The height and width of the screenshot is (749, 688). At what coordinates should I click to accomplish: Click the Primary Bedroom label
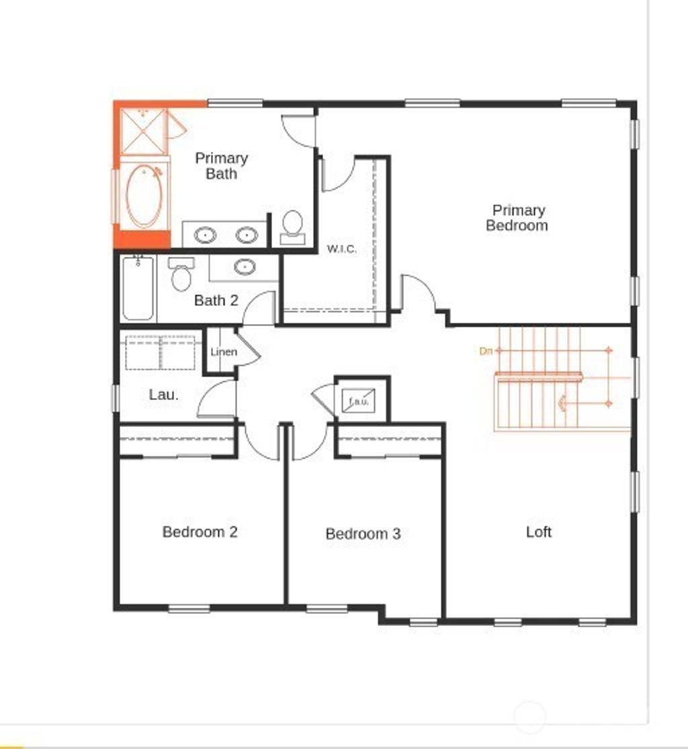point(517,218)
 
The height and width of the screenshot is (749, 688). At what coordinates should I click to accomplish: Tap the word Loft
point(539,532)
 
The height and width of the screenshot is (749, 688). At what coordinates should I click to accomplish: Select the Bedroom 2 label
point(200,532)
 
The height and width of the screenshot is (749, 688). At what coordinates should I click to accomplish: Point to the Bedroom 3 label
point(363,534)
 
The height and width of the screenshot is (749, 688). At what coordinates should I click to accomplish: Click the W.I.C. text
point(341,249)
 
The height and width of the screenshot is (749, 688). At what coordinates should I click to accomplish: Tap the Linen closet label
point(224,352)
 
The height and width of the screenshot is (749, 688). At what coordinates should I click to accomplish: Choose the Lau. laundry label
point(163,395)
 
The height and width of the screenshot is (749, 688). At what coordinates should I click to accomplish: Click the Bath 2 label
point(216,301)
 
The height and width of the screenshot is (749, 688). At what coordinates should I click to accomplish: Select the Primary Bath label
point(221,165)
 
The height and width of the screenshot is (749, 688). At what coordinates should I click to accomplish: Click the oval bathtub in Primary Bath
point(144,195)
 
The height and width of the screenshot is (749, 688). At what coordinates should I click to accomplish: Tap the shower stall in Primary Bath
point(142,132)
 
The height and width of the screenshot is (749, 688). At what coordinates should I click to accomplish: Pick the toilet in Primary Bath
point(292,226)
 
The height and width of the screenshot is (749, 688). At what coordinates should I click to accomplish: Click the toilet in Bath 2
point(181,274)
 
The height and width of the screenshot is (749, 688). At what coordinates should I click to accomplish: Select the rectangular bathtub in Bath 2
point(138,288)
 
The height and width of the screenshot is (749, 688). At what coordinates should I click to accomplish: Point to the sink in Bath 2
point(245,267)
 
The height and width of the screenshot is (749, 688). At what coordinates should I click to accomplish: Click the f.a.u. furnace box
point(357,401)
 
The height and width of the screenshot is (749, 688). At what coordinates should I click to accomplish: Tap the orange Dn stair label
point(486,350)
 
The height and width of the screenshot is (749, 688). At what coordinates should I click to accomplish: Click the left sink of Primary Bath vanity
point(205,235)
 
